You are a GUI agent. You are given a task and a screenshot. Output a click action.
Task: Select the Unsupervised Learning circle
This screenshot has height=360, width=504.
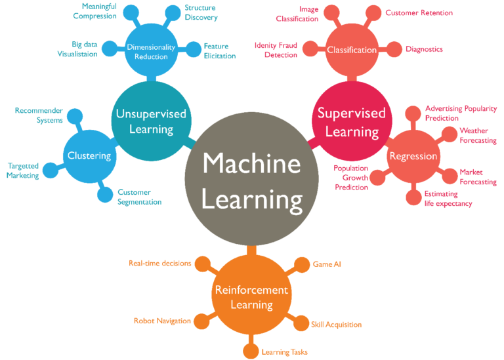(151, 121)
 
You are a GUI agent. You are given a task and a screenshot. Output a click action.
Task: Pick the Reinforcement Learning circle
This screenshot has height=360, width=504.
(251, 297)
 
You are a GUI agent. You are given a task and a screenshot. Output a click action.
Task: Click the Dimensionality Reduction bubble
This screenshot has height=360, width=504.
(151, 50)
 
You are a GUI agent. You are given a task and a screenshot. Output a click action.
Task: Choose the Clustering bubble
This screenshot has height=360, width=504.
(89, 155)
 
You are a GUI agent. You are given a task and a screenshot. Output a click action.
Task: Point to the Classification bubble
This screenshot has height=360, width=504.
(352, 50)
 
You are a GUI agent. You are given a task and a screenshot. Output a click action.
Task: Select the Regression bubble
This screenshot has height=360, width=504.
(413, 156)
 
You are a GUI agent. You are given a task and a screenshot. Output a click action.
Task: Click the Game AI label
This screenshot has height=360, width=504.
(327, 264)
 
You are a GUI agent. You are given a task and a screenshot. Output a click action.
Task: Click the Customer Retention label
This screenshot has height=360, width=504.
(419, 12)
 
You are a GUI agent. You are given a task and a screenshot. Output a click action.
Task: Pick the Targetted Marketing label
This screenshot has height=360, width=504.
(23, 170)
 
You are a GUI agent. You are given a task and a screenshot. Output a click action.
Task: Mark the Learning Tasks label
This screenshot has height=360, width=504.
(285, 352)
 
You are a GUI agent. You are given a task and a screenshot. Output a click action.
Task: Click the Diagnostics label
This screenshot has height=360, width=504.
(424, 49)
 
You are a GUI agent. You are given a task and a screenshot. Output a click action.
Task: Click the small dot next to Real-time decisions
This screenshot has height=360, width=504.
(202, 264)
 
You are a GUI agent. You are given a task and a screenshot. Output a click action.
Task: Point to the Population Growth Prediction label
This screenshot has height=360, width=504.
(351, 177)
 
